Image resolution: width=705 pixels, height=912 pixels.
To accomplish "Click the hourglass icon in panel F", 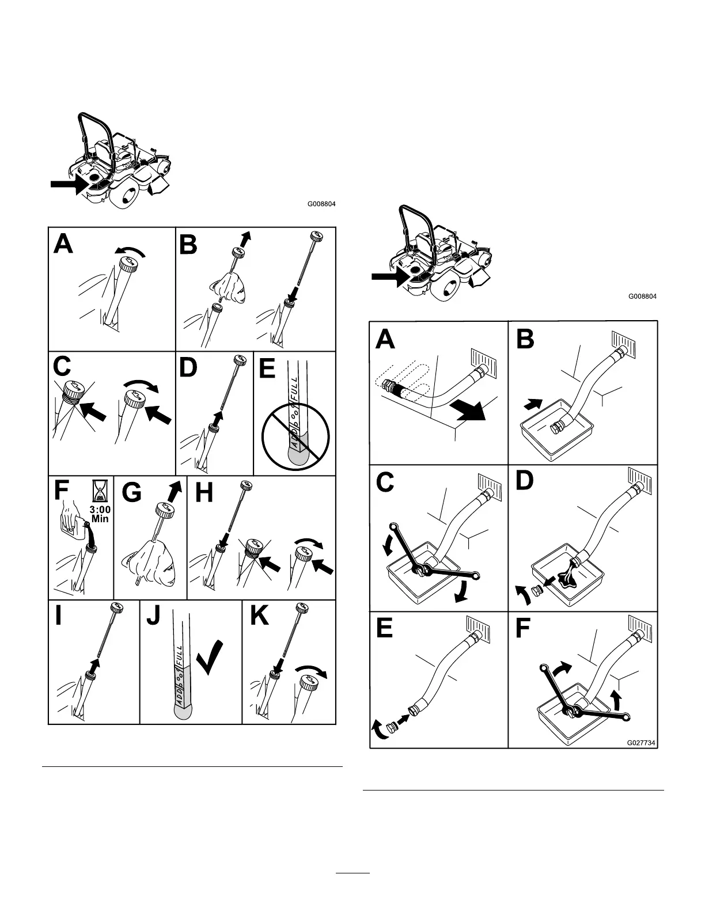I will pos(100,491).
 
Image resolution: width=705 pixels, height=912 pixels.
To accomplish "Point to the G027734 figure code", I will pos(641,743).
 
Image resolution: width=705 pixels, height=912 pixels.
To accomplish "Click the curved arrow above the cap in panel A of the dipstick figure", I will pos(130,250).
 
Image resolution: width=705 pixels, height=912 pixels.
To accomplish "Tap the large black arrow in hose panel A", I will pos(468,412).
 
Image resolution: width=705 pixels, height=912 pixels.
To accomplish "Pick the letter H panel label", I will pos(205,492).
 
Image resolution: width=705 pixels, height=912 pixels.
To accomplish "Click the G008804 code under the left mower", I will pos(321,204).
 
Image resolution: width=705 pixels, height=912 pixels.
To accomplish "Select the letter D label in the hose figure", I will pos(525,481).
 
